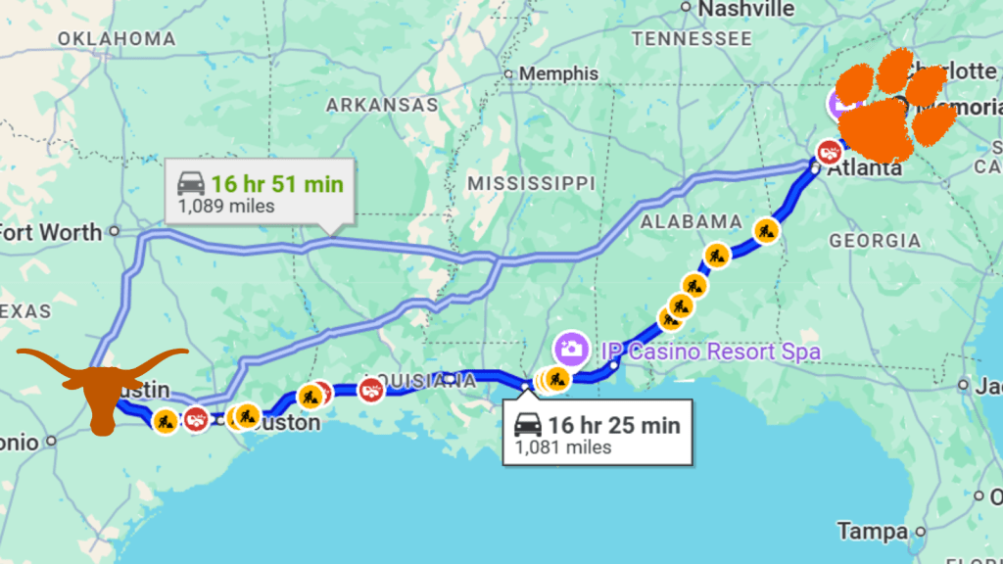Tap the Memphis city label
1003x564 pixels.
(558, 73)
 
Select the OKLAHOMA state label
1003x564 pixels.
(117, 39)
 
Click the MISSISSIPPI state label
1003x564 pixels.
(531, 183)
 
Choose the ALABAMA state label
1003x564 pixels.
(692, 221)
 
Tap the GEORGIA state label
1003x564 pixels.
(875, 240)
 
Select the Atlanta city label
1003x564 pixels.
(864, 168)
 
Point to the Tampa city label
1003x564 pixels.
(872, 532)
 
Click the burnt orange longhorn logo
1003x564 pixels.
(102, 383)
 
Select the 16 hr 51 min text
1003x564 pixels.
(277, 184)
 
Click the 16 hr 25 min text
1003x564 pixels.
(613, 426)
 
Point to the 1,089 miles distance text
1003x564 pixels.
(226, 207)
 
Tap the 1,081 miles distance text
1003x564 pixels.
(563, 447)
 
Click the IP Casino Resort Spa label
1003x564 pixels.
(709, 351)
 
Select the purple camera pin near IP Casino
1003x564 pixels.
(570, 347)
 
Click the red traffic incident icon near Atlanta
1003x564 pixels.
(829, 152)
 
